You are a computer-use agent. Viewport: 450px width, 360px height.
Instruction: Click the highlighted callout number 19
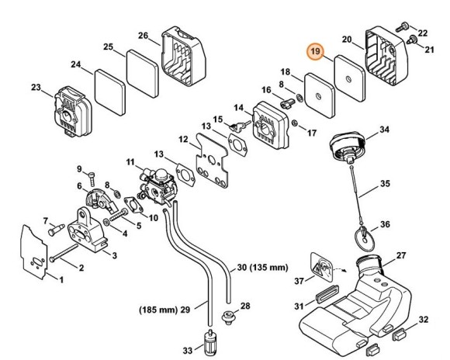point(315,51)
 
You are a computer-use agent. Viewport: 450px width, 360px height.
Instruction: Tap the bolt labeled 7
point(55,229)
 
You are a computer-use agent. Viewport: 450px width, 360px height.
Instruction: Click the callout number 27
point(401,255)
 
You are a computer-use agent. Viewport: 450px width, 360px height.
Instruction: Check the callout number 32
point(423,319)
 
